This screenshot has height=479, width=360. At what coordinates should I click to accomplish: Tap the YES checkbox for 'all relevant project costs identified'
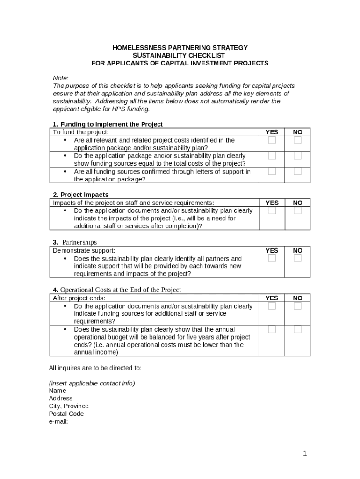click(x=272, y=140)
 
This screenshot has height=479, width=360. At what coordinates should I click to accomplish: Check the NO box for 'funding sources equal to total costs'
click(x=297, y=156)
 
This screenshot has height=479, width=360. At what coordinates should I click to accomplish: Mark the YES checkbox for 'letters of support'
click(x=272, y=172)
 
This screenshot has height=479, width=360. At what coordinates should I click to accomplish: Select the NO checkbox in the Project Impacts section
click(x=297, y=210)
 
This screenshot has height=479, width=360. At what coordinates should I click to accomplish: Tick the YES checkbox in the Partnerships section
click(x=272, y=258)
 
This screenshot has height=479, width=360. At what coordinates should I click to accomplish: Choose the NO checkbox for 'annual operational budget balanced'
click(x=297, y=329)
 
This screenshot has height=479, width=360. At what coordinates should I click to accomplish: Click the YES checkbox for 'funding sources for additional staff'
click(x=272, y=306)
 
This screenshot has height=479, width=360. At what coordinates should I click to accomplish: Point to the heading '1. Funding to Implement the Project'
click(x=108, y=124)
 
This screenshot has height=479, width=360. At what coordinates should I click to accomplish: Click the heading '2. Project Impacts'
click(x=80, y=195)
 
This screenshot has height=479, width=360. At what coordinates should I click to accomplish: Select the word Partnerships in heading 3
click(x=79, y=242)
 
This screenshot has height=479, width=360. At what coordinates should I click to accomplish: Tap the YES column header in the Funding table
click(x=272, y=132)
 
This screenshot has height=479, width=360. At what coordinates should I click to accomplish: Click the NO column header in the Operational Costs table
click(x=298, y=298)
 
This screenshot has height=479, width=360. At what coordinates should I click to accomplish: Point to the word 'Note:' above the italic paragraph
click(x=61, y=78)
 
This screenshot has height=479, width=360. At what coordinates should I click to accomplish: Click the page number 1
click(x=304, y=453)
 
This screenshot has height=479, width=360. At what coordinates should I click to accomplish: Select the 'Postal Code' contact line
click(x=66, y=414)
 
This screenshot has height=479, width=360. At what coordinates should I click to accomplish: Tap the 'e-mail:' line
click(x=58, y=421)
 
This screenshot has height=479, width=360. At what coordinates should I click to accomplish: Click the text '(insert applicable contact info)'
click(x=92, y=383)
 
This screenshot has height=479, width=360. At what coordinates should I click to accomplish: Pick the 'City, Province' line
click(x=69, y=406)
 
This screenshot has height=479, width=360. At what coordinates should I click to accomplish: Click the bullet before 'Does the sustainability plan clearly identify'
click(x=65, y=259)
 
